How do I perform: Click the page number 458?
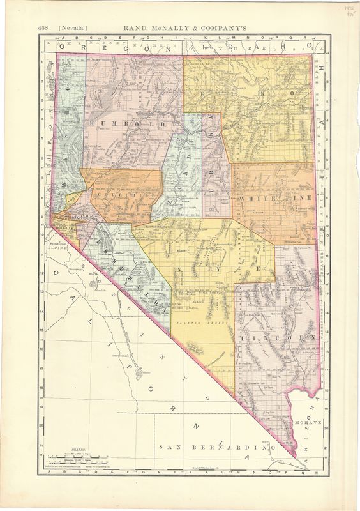(43, 27)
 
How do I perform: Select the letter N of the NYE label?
(190, 270)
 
